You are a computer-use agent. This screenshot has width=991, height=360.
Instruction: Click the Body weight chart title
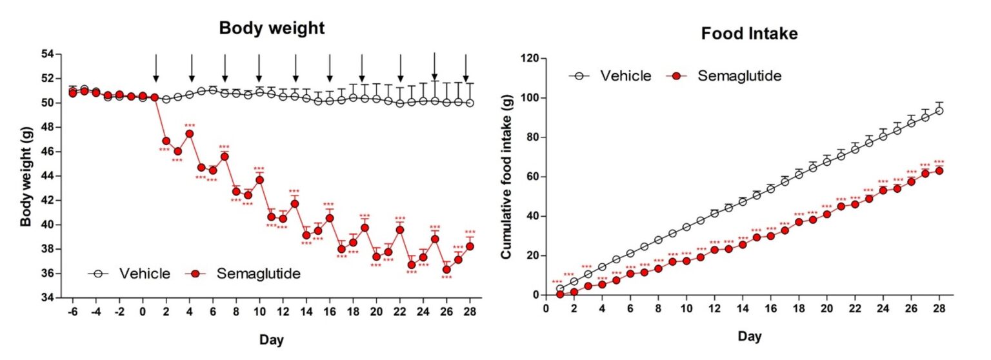(272, 28)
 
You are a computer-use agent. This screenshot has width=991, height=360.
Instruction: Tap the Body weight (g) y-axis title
(26, 175)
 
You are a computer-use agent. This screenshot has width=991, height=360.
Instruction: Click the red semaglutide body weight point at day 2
(166, 141)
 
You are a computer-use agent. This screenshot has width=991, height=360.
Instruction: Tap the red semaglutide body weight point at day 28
(470, 246)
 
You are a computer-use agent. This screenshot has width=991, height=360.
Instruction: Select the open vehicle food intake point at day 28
(939, 110)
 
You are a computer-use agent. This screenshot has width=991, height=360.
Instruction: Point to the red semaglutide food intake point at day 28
(939, 170)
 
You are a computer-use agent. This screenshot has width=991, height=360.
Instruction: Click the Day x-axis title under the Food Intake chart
(750, 337)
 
